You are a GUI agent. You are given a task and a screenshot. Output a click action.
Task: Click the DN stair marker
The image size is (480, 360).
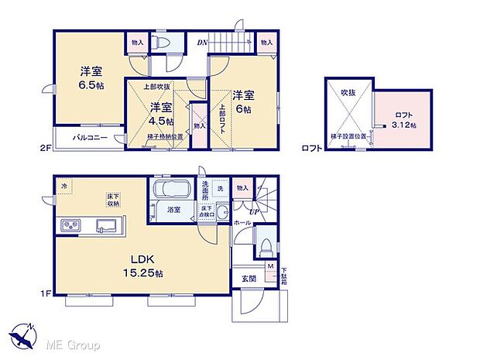pos(201,43)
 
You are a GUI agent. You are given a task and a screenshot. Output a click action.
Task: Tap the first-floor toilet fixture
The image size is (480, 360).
pos(266,246)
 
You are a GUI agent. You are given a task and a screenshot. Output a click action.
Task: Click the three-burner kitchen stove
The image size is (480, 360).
pos(70,225)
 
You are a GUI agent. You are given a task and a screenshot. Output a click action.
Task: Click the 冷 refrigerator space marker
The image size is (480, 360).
pos(65,187)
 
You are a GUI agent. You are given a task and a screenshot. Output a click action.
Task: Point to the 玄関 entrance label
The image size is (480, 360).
pos(249,279)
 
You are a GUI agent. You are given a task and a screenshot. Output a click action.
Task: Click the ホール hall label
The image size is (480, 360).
pos(242,222)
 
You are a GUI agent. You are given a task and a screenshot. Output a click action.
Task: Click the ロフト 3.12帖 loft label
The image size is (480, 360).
pos(402,119)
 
